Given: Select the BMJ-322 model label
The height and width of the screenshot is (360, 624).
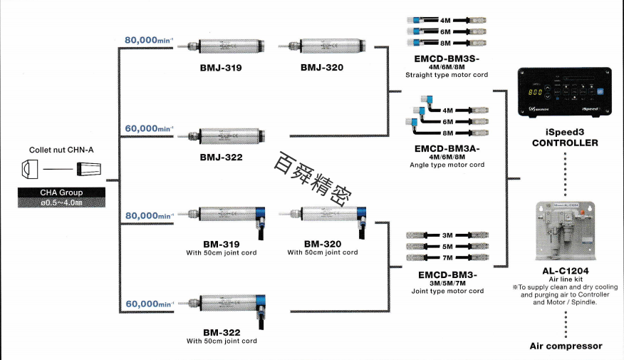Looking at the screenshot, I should (222, 157).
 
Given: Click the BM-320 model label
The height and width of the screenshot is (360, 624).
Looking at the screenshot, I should (322, 244).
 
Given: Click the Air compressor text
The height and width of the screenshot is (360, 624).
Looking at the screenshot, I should (566, 346).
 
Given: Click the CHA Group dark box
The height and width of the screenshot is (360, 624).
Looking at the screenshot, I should (61, 197).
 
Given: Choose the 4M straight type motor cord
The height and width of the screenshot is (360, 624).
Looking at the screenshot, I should (448, 21).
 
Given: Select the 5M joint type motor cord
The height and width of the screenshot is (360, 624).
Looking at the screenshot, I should (448, 246).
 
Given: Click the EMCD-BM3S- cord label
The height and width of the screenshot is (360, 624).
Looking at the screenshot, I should (447, 59).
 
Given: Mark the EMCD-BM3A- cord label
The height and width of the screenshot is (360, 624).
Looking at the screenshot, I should (447, 149).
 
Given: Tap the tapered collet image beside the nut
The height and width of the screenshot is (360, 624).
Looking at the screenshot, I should (88, 169).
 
